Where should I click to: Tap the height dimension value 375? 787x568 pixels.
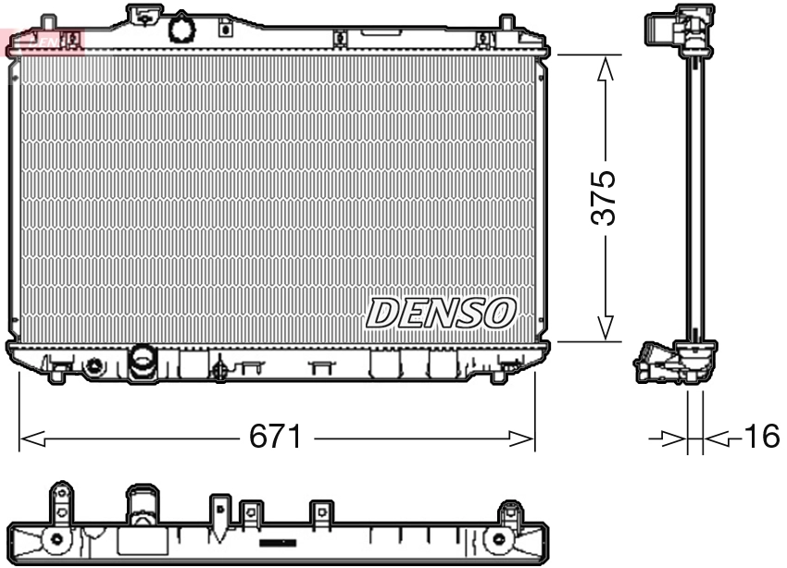pos(604,196)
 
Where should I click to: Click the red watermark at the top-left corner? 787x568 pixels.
pos(42,40)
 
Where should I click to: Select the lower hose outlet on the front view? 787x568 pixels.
pos(143,360)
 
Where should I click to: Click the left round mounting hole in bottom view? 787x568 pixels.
pos(57,538)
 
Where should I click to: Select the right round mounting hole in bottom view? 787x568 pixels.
pos(501,538)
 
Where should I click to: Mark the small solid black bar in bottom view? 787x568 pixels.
pos(277,542)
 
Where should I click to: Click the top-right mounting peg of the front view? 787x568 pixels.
pos(506,22)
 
